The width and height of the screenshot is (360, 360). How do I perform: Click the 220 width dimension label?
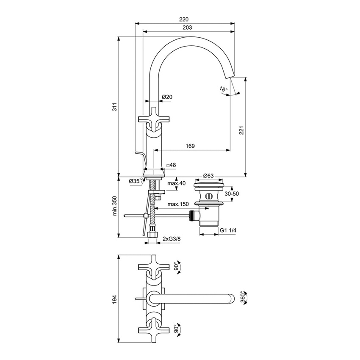coord(184,19)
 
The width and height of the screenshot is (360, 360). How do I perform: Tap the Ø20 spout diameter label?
coord(167,97)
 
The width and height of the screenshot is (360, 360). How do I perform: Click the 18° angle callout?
coord(224,89)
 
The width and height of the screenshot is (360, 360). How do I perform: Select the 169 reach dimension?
coord(190,146)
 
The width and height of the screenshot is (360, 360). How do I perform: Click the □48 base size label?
coord(171,165)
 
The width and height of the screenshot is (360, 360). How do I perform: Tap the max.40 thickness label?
coord(176,183)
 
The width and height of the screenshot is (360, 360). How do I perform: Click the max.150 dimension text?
coord(177,205)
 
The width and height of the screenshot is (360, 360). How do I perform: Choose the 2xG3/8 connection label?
coord(172,239)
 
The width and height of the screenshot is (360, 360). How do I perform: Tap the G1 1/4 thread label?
coord(228,230)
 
